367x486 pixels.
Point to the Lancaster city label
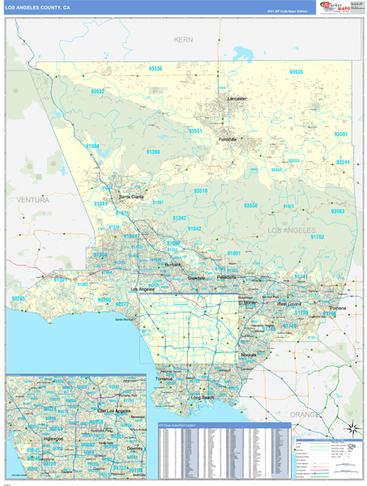[237, 99]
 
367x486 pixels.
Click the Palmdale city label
[228, 139]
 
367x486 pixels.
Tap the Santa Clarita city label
[131, 196]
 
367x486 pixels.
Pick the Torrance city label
[164, 378]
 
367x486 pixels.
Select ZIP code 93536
[154, 69]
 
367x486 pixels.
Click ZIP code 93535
[296, 72]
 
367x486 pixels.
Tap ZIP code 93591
[341, 134]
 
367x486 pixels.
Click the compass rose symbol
[350, 428]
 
